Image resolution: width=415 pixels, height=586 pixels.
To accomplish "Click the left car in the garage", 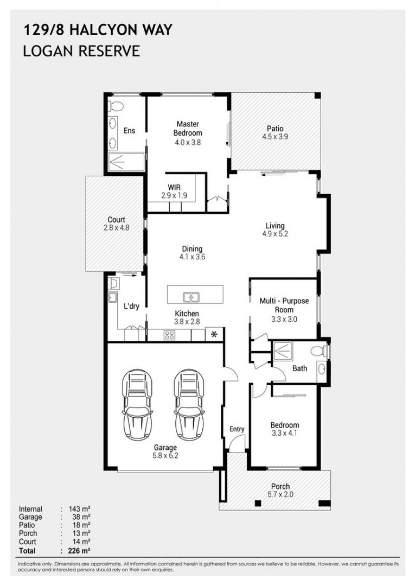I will pyautogui.click(x=137, y=404).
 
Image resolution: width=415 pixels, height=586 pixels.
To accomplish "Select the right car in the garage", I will pyautogui.click(x=189, y=404).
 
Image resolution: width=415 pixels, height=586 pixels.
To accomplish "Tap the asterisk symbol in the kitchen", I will pyautogui.click(x=214, y=334).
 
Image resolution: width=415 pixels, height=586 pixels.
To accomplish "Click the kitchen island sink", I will pyautogui.click(x=190, y=297).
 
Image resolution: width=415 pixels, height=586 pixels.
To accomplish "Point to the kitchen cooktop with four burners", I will pyautogui.click(x=169, y=335).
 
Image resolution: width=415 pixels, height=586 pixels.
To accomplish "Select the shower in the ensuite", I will pyautogui.click(x=126, y=162).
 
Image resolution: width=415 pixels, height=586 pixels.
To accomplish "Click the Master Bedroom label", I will pyautogui.click(x=188, y=129).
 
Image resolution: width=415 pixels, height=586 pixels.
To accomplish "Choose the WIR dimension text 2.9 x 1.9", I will pyautogui.click(x=174, y=195).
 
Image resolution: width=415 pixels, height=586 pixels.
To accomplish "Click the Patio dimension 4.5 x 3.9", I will pyautogui.click(x=274, y=137).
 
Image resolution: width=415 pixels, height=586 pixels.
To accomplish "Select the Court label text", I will pyautogui.click(x=116, y=220).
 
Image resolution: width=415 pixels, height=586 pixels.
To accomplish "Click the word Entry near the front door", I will pyautogui.click(x=237, y=429).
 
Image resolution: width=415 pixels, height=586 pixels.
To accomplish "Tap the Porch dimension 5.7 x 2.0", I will pyautogui.click(x=280, y=494).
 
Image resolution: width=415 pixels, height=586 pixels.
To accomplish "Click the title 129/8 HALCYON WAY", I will pyautogui.click(x=98, y=30).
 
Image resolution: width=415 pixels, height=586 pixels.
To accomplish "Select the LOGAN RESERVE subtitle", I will pyautogui.click(x=81, y=52).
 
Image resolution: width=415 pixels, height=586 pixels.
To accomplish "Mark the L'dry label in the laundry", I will pyautogui.click(x=131, y=306).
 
